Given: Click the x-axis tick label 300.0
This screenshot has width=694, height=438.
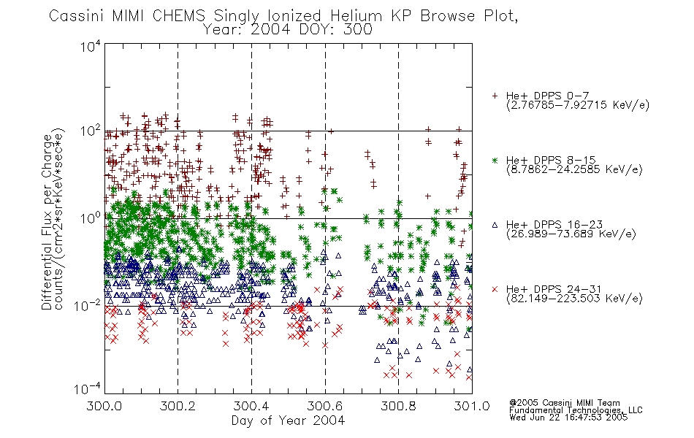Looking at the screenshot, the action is (x=104, y=406).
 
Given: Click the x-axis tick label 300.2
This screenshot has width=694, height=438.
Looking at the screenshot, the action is (x=178, y=406).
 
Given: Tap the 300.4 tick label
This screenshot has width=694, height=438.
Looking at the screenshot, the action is (x=251, y=406).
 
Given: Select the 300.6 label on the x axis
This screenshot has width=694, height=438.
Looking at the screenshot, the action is (x=325, y=406).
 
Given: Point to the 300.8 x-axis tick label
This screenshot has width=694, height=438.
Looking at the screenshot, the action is (x=398, y=406).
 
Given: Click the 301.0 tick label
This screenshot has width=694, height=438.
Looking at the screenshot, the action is (x=472, y=406).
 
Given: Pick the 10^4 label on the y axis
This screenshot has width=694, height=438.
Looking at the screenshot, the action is (x=91, y=47).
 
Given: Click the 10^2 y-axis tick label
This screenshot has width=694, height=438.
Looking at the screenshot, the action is (x=91, y=131).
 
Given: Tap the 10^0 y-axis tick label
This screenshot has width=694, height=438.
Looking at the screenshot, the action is (x=91, y=218).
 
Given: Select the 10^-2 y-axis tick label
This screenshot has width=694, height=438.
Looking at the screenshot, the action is (x=87, y=305).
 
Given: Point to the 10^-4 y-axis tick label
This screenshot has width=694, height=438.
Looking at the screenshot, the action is (x=87, y=389).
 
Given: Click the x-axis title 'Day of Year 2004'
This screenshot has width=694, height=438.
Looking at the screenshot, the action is (x=288, y=420).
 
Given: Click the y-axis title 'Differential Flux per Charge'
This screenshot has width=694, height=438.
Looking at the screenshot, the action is (x=47, y=222).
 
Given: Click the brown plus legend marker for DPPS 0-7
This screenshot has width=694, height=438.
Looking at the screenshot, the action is (x=495, y=96).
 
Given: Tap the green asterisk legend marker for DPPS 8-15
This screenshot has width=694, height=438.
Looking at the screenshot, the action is (x=495, y=161).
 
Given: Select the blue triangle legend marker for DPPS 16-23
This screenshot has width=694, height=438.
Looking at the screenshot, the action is (x=495, y=225).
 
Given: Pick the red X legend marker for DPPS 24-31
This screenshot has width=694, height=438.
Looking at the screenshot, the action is (x=495, y=289).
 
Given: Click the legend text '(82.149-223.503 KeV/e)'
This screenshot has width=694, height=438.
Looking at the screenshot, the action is (x=574, y=299).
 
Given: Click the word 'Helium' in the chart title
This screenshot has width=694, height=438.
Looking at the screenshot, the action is (x=356, y=16).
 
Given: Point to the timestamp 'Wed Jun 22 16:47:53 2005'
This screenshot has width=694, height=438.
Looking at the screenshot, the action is (x=568, y=418).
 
